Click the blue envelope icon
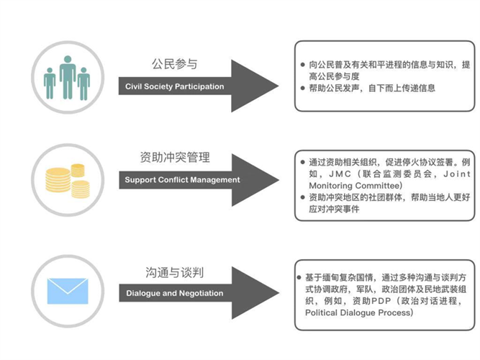[x=67, y=290]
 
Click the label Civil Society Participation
[x=174, y=86]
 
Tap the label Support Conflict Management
[x=182, y=179]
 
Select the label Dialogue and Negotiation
[x=175, y=293]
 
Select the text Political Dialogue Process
[x=359, y=313]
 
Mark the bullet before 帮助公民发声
[x=303, y=89]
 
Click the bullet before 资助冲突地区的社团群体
[x=303, y=197]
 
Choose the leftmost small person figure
[x=50, y=83]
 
